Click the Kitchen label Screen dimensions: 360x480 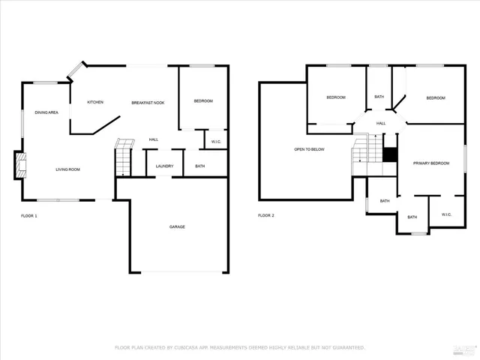pos(95,102)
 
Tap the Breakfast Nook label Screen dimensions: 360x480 pos(148,102)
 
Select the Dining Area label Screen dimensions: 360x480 pos(46,112)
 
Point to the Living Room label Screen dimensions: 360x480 pos(67,169)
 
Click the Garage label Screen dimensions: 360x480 pos(177,226)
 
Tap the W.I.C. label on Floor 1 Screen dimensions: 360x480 pos(215,141)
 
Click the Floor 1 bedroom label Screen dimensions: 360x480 pos(203,101)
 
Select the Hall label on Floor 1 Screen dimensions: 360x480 pos(153,139)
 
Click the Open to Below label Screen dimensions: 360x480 pos(309,149)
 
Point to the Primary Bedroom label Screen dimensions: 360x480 pos(431,163)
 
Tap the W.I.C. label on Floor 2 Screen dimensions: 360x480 pos(446,214)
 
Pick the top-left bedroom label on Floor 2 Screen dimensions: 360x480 pos(335,97)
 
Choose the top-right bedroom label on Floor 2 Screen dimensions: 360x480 pos(436,98)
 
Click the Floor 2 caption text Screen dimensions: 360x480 pos(266,215)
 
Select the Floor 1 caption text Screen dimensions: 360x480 pos(28,215)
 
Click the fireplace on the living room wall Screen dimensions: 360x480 pos(18,165)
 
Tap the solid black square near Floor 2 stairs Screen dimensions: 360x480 pos(389,154)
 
